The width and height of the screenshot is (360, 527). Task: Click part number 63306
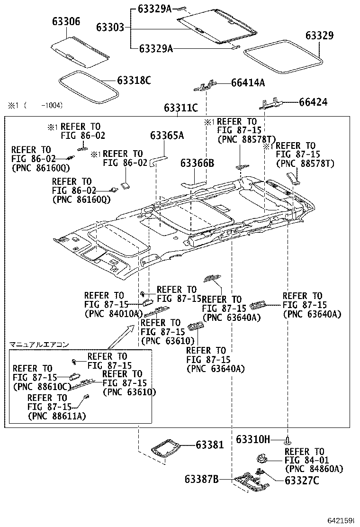coord(66,22)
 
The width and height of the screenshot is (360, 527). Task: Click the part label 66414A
coord(248,83)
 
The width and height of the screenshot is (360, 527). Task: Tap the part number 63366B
coord(197,164)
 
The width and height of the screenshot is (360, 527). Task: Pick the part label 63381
coord(209,445)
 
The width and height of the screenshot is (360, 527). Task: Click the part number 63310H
coord(252,440)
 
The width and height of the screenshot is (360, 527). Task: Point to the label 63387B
coord(201,480)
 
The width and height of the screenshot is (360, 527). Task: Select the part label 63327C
coord(302,481)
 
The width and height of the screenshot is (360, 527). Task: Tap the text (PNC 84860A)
coord(314,469)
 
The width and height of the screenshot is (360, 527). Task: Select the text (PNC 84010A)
coord(113,313)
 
